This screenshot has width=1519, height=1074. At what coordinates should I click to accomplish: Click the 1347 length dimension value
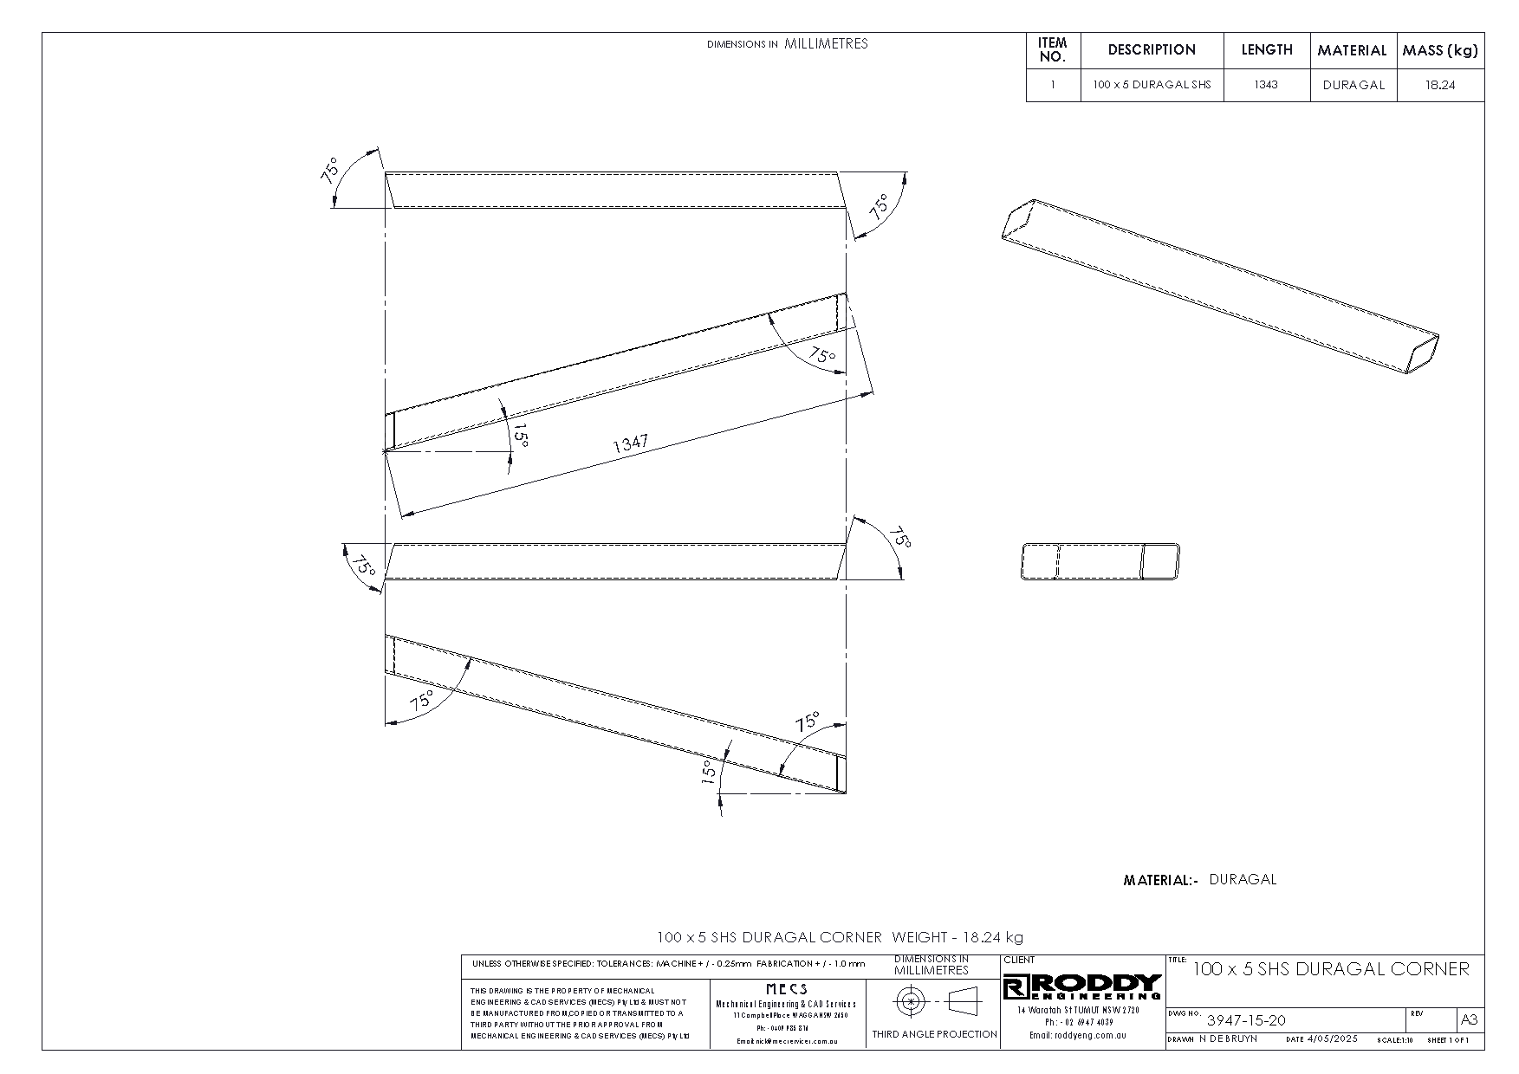[630, 444]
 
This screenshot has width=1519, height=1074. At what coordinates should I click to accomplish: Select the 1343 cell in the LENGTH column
[1266, 85]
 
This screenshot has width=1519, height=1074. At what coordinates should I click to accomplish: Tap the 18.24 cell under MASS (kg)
[1440, 85]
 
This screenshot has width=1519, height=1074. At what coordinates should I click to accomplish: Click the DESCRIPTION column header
[1152, 50]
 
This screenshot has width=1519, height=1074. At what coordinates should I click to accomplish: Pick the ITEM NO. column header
[1053, 50]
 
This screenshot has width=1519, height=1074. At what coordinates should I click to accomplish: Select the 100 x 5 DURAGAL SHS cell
[1152, 85]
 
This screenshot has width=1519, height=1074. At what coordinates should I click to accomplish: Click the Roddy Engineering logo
[1082, 987]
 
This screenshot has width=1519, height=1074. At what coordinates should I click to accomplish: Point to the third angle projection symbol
[934, 1002]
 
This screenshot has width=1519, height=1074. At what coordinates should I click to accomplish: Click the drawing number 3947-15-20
[1246, 1020]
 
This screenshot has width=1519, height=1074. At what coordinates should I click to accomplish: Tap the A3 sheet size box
[1470, 1019]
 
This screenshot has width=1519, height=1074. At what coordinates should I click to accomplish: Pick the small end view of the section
[1100, 561]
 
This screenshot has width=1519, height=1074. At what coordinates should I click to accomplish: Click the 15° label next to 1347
[520, 435]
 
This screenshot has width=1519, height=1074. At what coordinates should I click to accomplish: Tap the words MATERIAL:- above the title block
[1160, 880]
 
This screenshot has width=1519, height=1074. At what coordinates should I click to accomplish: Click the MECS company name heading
[787, 989]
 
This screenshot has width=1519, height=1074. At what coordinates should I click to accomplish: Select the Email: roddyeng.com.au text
[1077, 1035]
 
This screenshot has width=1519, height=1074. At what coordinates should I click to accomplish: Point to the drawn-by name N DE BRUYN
[1228, 1038]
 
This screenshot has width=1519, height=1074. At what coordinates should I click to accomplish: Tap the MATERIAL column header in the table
[1352, 50]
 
